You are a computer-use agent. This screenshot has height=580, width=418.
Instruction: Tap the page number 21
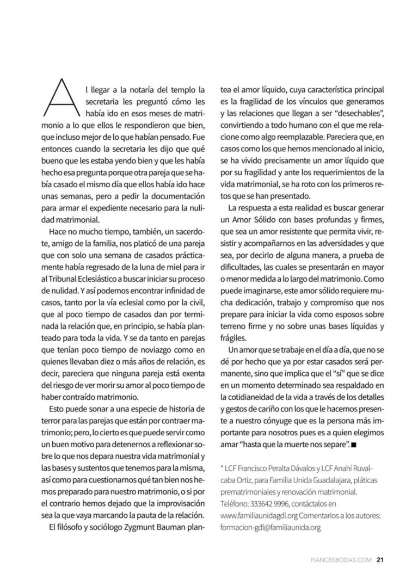click(381, 559)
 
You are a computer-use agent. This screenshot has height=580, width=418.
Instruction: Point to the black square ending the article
click(354, 445)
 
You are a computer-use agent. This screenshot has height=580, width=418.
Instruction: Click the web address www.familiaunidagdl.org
click(258, 516)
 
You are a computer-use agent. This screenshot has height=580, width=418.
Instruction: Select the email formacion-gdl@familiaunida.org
click(270, 528)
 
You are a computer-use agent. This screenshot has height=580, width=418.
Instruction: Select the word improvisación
click(177, 504)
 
